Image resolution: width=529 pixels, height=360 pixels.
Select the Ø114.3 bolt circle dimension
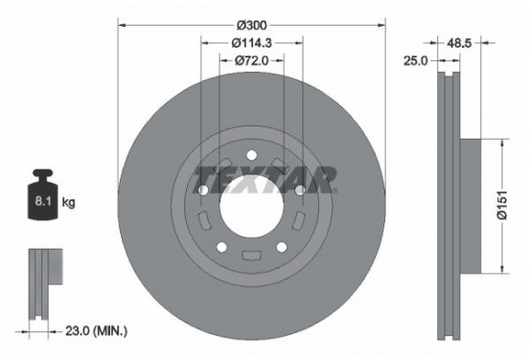click(252, 42)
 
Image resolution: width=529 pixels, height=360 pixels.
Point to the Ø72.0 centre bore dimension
click(252, 60)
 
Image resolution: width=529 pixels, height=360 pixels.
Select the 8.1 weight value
click(42, 203)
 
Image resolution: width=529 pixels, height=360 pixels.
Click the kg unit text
click(69, 203)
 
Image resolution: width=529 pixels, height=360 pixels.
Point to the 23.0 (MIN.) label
click(89, 330)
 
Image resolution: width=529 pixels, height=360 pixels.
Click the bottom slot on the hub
click(252, 255)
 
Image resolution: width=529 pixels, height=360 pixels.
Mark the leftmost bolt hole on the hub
click(204, 191)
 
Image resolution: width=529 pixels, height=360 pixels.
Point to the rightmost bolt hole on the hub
click(300, 191)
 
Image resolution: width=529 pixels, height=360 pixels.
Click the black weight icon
click(43, 198)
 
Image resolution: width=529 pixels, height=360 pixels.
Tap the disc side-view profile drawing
click(450, 201)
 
